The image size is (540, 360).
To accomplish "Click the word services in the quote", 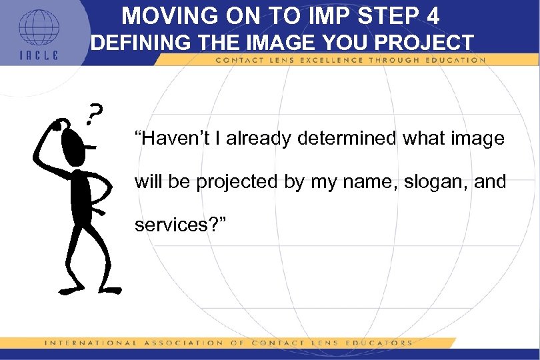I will click(x=167, y=225).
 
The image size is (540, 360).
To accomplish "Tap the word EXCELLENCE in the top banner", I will click(x=327, y=60).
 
